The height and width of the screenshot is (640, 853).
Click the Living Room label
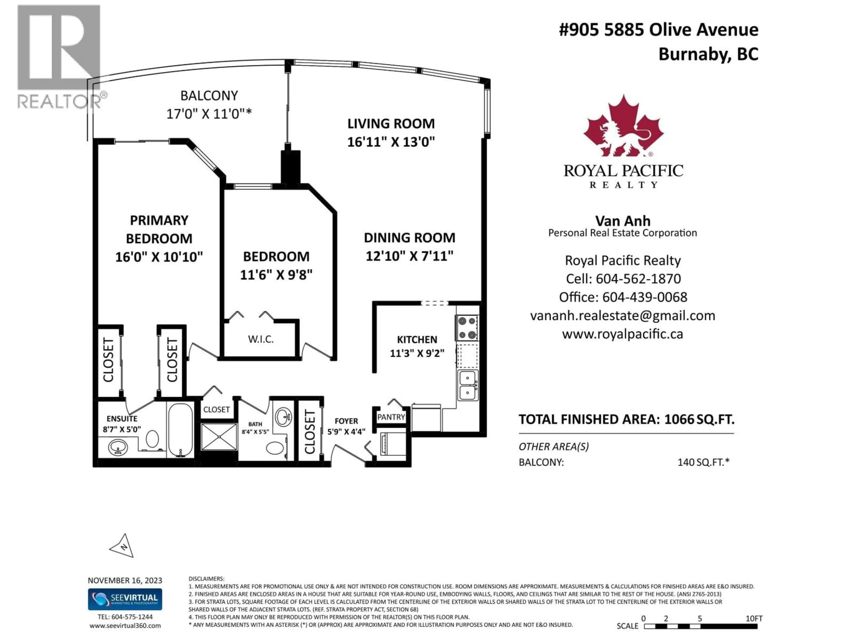(391, 124)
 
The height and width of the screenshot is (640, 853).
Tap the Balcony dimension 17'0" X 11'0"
(209, 114)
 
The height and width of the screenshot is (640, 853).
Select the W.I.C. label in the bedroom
(261, 340)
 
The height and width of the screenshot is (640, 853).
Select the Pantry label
(391, 417)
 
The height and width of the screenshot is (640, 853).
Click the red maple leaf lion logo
(622, 127)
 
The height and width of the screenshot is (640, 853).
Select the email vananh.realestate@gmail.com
(622, 316)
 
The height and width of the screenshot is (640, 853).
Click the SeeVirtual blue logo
(125, 599)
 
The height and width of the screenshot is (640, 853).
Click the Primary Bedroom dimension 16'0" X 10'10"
(159, 257)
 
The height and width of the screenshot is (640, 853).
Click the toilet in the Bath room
(275, 448)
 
